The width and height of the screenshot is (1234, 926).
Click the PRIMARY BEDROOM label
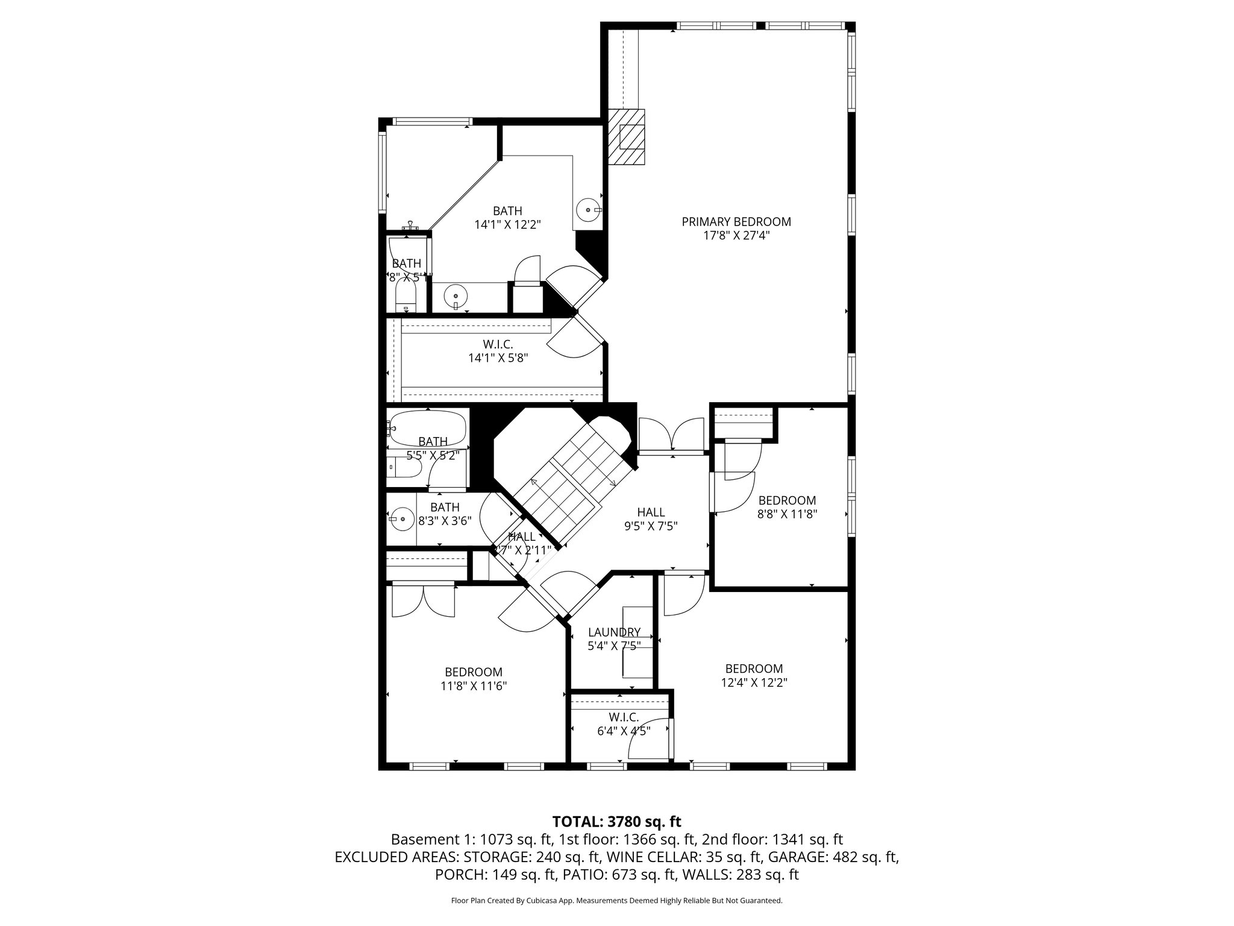coord(736,222)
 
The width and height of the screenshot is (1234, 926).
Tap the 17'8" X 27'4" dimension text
coord(736,236)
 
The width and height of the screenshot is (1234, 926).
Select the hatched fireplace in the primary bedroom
coord(627,137)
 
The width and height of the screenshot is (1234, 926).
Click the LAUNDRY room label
coord(613,632)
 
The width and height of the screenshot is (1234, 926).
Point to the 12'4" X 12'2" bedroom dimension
coord(754,682)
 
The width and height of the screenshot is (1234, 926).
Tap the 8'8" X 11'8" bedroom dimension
coord(787,514)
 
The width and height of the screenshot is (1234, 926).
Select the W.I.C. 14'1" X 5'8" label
coord(498,351)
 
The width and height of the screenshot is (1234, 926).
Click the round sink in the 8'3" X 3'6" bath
coord(399,518)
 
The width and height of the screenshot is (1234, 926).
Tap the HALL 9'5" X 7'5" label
coord(651,518)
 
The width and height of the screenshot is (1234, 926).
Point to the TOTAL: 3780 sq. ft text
coord(616,821)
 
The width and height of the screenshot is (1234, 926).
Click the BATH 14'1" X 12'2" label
coord(507,218)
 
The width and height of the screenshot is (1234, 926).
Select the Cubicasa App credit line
coord(616,901)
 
